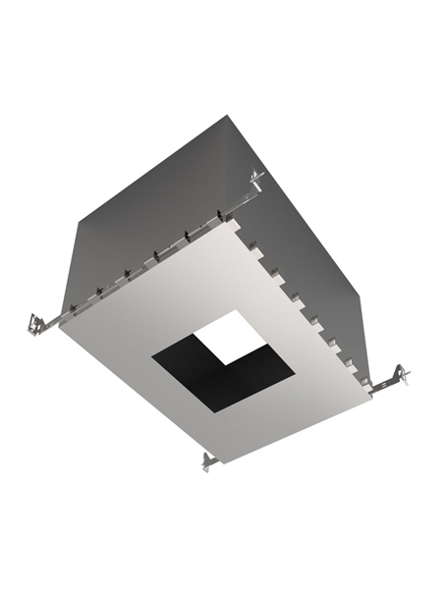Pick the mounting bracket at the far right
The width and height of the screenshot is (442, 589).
398,375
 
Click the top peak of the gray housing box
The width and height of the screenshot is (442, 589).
228,116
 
